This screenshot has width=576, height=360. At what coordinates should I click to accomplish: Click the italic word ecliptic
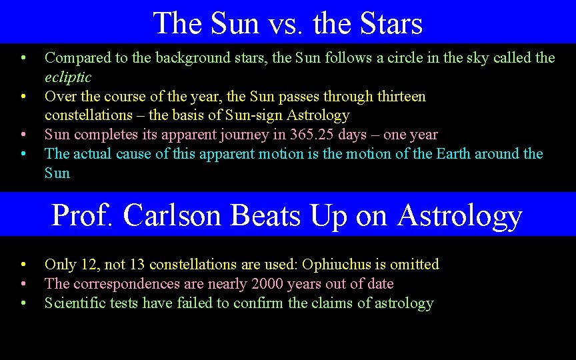coord(68,77)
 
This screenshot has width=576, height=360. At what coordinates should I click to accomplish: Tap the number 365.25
coord(313,135)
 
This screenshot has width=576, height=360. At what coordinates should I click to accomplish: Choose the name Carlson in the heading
coord(173,216)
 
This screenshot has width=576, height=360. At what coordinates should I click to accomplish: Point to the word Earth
coord(455,154)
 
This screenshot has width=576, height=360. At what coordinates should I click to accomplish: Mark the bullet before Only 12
coord(23,265)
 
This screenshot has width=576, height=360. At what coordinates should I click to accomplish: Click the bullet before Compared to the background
coord(23,58)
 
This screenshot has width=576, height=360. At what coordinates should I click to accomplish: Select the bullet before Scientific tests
coord(23,303)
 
